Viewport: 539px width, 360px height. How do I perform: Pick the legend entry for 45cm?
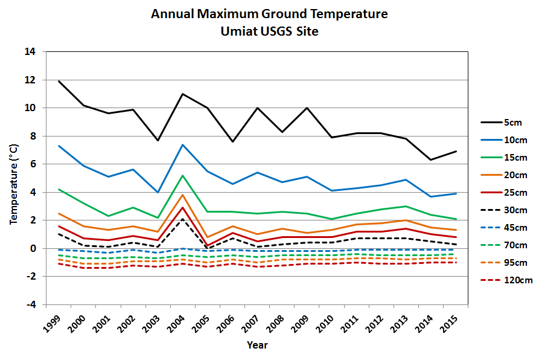[x=514, y=228]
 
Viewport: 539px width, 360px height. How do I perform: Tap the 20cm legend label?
[x=514, y=175]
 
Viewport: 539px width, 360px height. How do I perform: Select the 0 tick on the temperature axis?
[x=34, y=248]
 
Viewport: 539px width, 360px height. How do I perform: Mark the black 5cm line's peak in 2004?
[x=182, y=94]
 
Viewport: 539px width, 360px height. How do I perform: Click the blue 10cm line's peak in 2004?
[x=182, y=144]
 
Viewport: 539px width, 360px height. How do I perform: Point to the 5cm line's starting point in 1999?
[x=59, y=81]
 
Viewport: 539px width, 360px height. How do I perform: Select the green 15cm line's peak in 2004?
[x=182, y=175]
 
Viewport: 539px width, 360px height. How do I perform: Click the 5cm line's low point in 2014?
[x=430, y=159]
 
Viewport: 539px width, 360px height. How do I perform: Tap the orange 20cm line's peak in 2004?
[x=182, y=194]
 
